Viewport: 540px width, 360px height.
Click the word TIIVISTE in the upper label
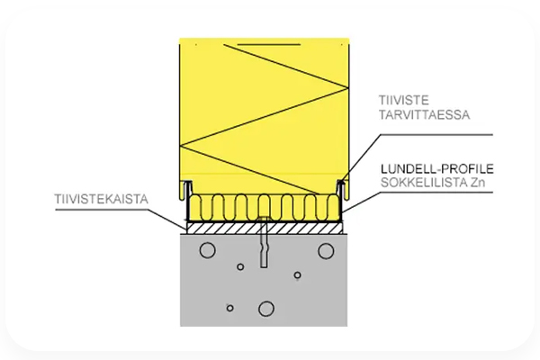pyautogui.click(x=403, y=100)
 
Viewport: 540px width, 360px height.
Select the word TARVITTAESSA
pyautogui.click(x=424, y=114)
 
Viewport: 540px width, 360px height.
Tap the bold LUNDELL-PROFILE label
pyautogui.click(x=437, y=169)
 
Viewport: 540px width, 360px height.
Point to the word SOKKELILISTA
pyautogui.click(x=424, y=183)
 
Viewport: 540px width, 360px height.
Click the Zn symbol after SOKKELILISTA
pyautogui.click(x=478, y=183)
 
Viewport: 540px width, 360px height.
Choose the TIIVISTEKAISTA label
pyautogui.click(x=101, y=199)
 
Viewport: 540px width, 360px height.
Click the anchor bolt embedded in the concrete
pyautogui.click(x=264, y=242)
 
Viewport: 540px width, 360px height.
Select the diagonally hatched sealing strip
pyautogui.click(x=265, y=228)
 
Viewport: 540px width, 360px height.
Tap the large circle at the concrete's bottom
pyautogui.click(x=266, y=309)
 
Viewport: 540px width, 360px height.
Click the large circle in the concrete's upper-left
pyautogui.click(x=208, y=250)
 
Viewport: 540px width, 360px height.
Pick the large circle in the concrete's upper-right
pyautogui.click(x=326, y=251)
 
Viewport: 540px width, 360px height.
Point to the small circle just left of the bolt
pyautogui.click(x=240, y=266)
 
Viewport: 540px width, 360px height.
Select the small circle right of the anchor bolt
pyautogui.click(x=298, y=274)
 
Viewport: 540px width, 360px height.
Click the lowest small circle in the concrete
pyautogui.click(x=230, y=308)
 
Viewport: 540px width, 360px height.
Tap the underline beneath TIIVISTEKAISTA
pyautogui.click(x=102, y=209)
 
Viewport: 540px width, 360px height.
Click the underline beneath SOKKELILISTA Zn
pyautogui.click(x=436, y=193)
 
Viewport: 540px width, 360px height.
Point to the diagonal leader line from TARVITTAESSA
pyautogui.click(x=359, y=157)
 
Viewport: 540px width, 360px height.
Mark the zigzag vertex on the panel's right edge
pyautogui.click(x=348, y=88)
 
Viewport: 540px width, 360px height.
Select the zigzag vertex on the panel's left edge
pyautogui.click(x=180, y=146)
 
